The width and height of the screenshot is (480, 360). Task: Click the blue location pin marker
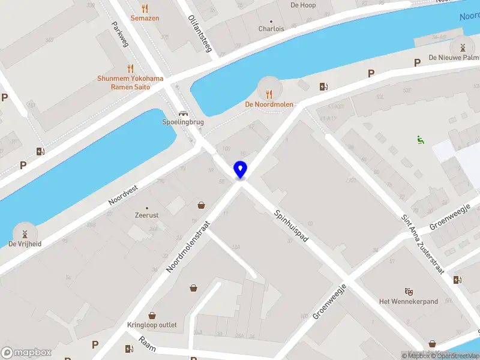[x=240, y=170]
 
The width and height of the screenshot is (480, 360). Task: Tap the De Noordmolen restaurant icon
[x=269, y=93]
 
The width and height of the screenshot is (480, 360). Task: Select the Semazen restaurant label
[x=145, y=19]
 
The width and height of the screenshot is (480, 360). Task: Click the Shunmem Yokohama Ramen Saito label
[x=130, y=82]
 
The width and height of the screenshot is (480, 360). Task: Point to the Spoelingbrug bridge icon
[x=183, y=113]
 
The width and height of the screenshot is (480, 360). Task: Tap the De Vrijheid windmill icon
[x=25, y=233]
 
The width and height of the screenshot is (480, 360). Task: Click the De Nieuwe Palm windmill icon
[x=461, y=47]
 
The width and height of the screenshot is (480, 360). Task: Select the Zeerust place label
[x=147, y=214]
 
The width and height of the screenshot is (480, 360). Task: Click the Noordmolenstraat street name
[x=188, y=246]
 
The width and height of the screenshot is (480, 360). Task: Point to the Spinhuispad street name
[x=292, y=226]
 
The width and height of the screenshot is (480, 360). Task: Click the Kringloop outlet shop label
[x=152, y=325]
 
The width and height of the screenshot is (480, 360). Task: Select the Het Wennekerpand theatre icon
[x=409, y=291]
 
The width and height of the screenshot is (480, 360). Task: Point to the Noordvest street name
[x=123, y=195]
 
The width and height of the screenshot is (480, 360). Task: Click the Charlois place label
[x=271, y=29]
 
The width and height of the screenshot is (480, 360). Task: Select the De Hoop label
[x=302, y=5]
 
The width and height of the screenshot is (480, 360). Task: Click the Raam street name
[x=146, y=343]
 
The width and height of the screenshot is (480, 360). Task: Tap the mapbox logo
[x=26, y=352]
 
